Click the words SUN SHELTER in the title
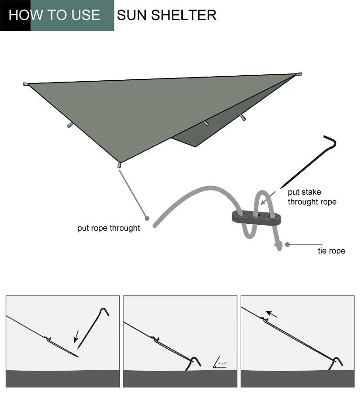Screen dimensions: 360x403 coord(166,15)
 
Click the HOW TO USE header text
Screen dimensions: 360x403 coord(54,15)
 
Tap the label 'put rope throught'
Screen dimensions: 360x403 coord(108,228)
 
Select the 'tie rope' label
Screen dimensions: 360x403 coord(331,251)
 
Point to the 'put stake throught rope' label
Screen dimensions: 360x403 coord(312,197)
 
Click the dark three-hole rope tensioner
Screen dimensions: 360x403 coord(256,218)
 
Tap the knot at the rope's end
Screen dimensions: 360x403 coord(278,245)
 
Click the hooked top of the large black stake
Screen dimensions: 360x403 coord(332,140)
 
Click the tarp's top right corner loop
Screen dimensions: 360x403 coord(298,74)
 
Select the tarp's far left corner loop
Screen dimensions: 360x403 coord(26,84)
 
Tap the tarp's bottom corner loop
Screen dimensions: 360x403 coord(119,165)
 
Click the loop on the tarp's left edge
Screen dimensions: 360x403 coord(70,125)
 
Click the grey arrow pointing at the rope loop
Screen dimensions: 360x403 coord(268,198)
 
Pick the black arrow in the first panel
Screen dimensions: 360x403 coord(76,336)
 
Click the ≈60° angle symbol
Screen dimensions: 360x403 coord(220,362)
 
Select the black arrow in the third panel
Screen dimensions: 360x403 coord(271,314)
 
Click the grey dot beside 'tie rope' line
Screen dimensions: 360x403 coord(287,245)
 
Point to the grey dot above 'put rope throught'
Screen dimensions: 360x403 coord(147,218)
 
